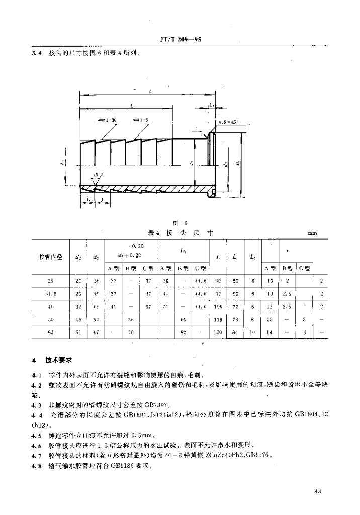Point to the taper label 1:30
[x=106, y=120]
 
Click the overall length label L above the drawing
[x=150, y=91]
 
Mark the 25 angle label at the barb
[x=95, y=175]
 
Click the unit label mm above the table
[x=312, y=234]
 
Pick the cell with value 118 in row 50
[x=218, y=319]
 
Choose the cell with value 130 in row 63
[x=218, y=332]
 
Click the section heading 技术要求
[x=56, y=361]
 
